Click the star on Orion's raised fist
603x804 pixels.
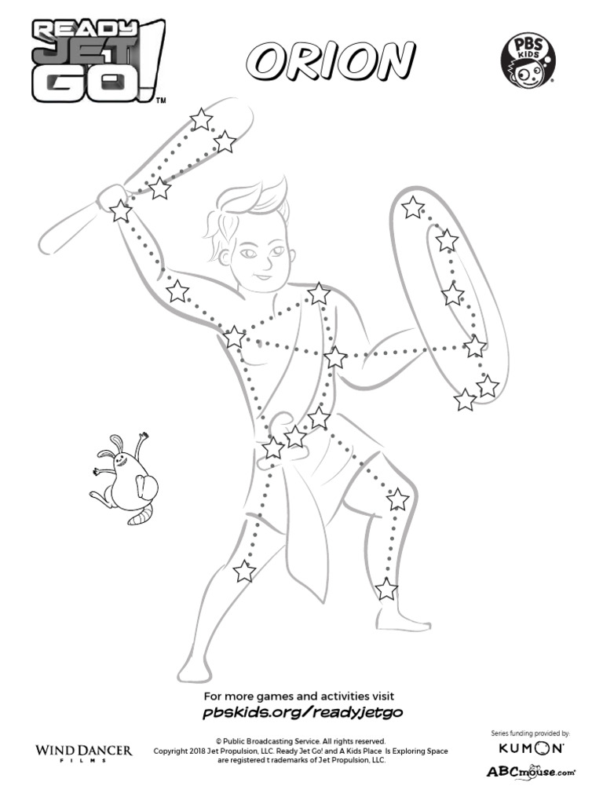tap(120, 210)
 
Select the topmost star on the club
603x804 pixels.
tap(202, 119)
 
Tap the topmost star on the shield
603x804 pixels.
tap(412, 208)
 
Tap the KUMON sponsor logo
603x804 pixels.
tap(531, 749)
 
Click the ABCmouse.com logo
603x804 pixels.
tap(531, 771)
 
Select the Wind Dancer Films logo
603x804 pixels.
tap(84, 752)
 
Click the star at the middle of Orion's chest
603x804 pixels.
tap(335, 358)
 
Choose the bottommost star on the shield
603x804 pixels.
tap(466, 400)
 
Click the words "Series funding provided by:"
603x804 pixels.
tap(531, 733)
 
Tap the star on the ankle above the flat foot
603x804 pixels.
tap(386, 588)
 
